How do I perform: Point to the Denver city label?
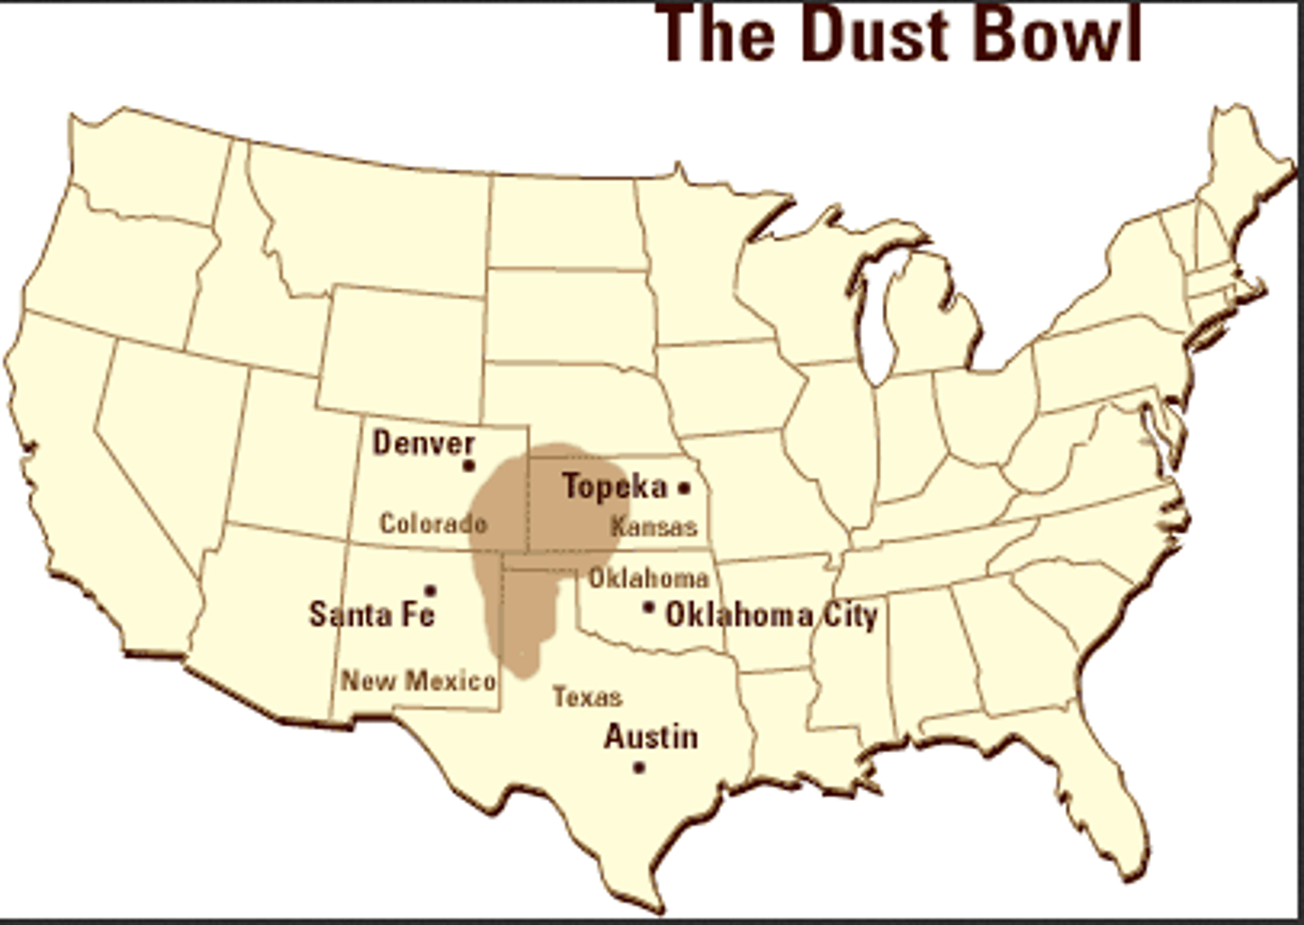point(424,443)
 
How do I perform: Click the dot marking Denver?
point(469,467)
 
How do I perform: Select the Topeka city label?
point(615,487)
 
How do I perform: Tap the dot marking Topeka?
point(685,487)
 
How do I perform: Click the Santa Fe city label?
point(372,614)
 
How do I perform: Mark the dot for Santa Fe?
point(430,591)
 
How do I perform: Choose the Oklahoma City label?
point(772,615)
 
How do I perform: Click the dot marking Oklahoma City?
point(648,608)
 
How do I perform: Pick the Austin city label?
point(651,737)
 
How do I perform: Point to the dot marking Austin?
point(638,767)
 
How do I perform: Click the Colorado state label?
point(433,524)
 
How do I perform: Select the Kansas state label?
point(654,526)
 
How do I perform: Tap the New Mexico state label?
point(418,680)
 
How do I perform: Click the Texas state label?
point(588,697)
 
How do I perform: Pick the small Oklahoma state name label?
point(648,577)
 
